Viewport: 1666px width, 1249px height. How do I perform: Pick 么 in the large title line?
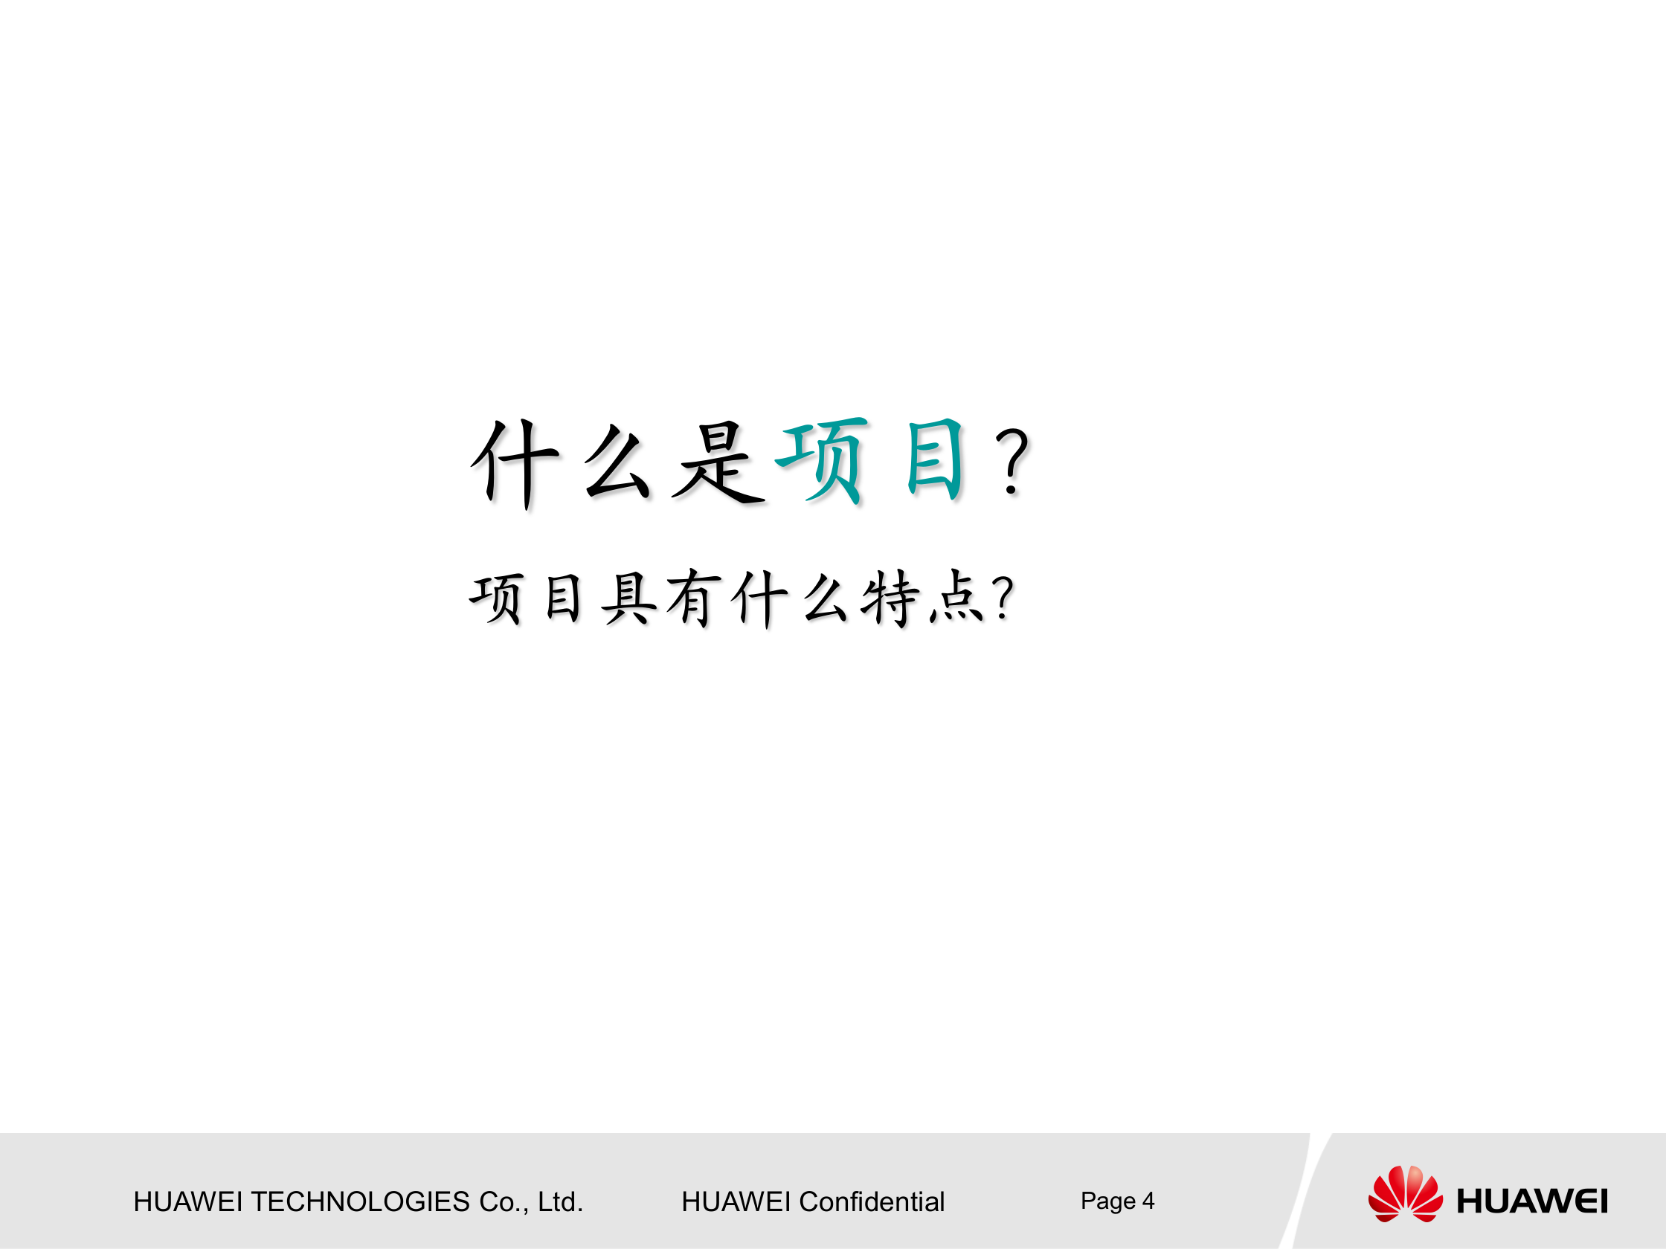coord(617,462)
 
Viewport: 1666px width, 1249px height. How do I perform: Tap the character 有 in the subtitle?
coord(693,598)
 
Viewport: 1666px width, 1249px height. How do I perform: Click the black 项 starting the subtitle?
coord(496,598)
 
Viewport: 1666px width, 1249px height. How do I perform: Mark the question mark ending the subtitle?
coord(1003,598)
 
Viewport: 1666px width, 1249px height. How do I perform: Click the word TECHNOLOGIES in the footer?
coord(360,1201)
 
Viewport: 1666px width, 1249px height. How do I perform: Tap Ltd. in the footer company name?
coord(559,1201)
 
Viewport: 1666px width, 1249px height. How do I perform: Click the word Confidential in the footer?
coord(872,1201)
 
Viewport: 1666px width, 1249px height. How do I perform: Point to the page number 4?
coord(1148,1200)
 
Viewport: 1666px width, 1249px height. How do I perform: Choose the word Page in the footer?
coord(1107,1201)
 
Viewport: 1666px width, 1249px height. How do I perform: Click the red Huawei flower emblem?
coord(1406,1193)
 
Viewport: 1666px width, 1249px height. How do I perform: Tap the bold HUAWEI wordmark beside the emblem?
coord(1532,1201)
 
